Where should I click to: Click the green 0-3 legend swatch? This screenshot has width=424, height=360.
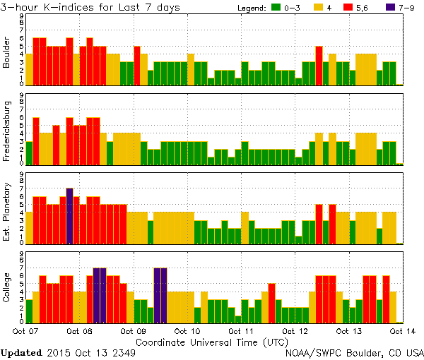tap(276, 8)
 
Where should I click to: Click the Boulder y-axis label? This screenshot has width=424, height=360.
tap(7, 53)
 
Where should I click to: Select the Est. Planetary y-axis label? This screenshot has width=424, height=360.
tap(7, 211)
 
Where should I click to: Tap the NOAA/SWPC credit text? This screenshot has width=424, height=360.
tap(353, 352)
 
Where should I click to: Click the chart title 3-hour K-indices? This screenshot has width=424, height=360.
tap(90, 7)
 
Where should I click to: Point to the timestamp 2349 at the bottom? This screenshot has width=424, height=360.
tap(123, 352)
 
